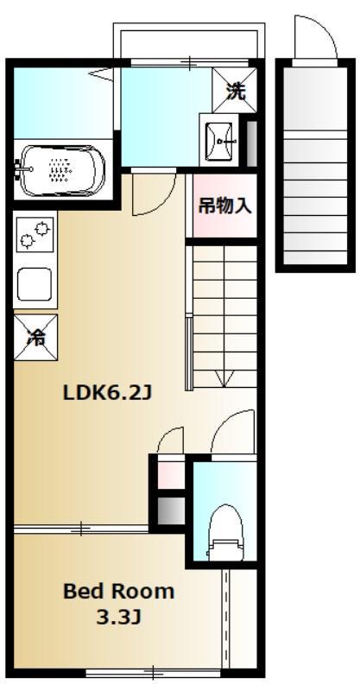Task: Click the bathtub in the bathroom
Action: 61,170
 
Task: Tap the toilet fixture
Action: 224,536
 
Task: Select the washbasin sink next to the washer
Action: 220,136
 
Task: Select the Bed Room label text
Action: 118,593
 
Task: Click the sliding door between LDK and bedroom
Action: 83,526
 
